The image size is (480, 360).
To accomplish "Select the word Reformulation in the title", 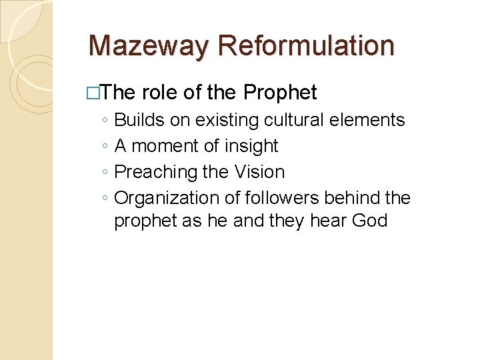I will [x=306, y=45].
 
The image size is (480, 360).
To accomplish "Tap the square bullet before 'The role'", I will [x=93, y=93].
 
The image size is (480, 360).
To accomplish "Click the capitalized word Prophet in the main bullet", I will [x=281, y=93].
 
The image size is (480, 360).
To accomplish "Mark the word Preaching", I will [x=155, y=172].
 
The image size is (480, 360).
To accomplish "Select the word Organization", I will [x=163, y=198].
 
